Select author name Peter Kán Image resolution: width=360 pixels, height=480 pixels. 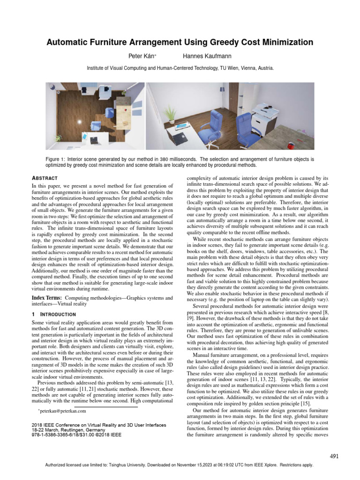click(142, 56)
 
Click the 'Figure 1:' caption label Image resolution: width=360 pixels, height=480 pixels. click(56, 159)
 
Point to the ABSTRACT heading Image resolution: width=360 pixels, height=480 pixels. click(44, 178)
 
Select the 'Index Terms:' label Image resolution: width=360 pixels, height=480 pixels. click(46, 298)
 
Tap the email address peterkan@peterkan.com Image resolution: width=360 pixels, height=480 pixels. click(63, 411)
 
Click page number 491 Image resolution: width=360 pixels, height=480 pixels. click(334, 456)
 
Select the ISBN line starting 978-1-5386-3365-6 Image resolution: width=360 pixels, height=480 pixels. click(75, 435)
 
